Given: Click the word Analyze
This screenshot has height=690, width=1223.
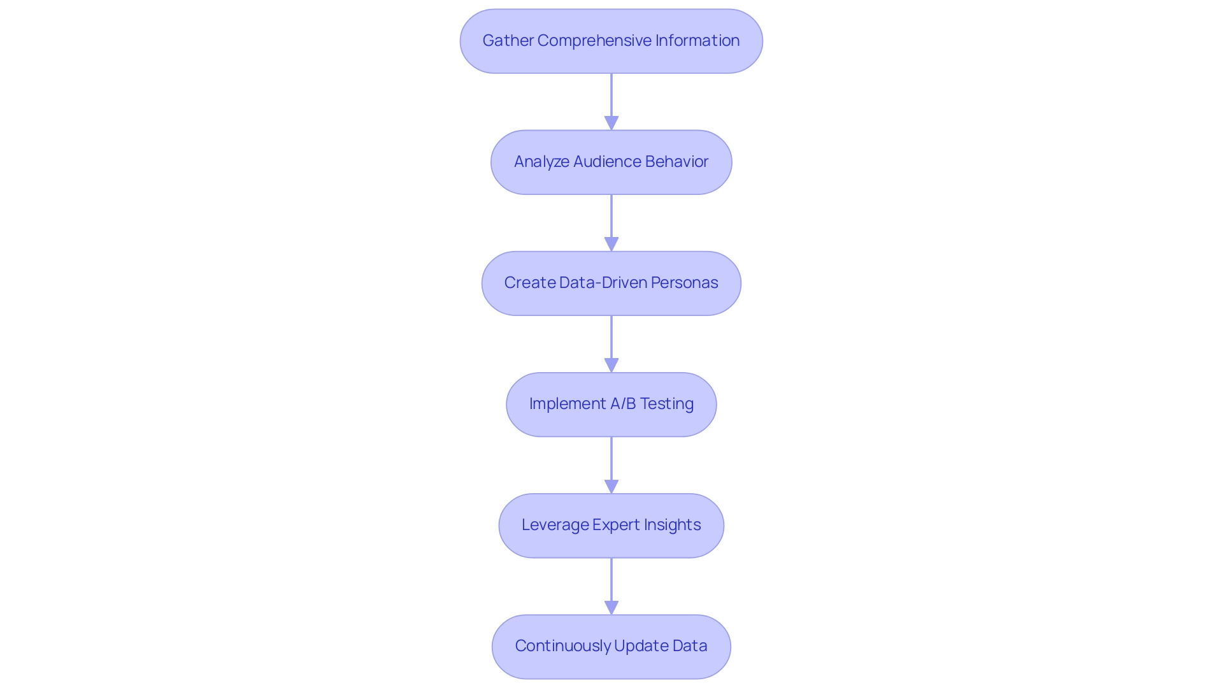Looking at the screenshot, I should pos(541,162).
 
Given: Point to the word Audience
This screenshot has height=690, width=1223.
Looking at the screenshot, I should pos(604,162).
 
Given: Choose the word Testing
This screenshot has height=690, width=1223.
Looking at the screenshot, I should pos(666,404).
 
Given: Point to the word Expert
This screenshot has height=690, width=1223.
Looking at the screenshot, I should pos(616,525).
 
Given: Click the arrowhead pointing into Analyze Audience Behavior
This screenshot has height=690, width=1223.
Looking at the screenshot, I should pos(611,123).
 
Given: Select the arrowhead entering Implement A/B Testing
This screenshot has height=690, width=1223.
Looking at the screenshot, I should pos(611,365).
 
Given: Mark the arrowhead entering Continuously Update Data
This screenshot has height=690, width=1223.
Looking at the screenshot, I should pos(611,607).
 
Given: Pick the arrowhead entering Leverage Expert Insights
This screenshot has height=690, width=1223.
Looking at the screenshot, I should pos(611,486).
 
